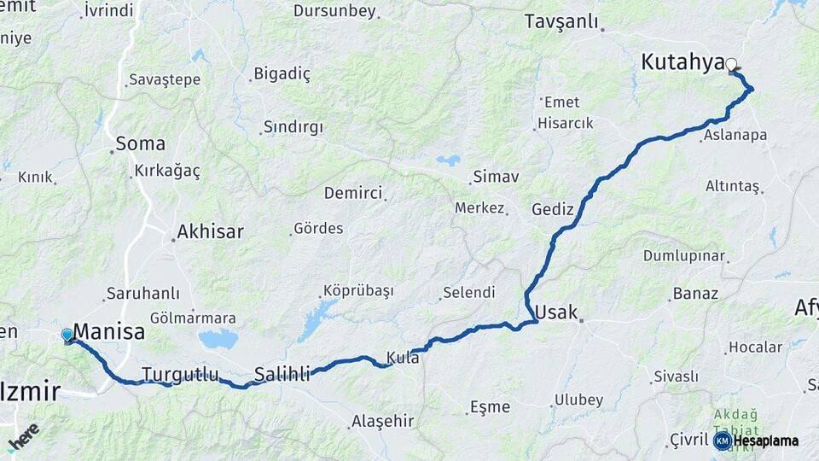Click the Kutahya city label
682,62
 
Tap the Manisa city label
109,331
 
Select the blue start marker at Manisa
67,336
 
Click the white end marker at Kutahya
732,63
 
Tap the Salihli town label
282,373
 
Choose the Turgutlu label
180,374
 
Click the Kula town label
403,357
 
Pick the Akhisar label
210,231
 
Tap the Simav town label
496,177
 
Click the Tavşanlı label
561,21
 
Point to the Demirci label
353,193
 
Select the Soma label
140,143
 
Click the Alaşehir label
382,421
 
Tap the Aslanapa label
735,135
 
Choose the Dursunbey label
334,11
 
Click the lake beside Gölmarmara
219,339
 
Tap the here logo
24,437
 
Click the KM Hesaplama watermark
757,441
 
